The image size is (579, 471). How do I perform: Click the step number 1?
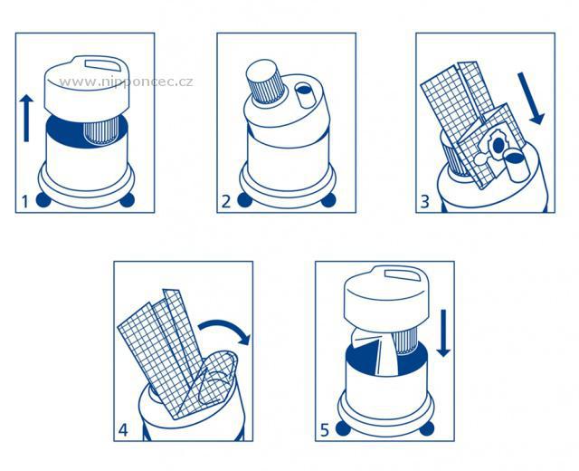[x=24, y=201]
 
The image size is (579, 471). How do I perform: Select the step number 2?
[x=226, y=201]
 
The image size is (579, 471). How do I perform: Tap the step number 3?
[x=425, y=201]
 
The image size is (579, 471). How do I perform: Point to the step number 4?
[x=123, y=430]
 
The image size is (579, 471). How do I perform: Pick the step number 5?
[x=324, y=430]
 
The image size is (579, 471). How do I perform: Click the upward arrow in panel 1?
[x=26, y=118]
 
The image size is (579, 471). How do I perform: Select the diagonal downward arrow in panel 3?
[x=531, y=99]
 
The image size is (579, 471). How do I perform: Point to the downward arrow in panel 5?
[x=443, y=333]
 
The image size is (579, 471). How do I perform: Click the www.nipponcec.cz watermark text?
[x=126, y=82]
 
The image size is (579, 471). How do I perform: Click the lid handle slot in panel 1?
[x=103, y=63]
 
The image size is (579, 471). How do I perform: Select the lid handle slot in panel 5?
[x=403, y=275]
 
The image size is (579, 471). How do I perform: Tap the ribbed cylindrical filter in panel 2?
[x=265, y=82]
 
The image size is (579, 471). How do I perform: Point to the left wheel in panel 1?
[x=43, y=200]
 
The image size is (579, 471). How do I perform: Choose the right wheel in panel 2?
[x=328, y=200]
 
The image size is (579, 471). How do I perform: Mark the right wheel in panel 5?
[x=427, y=428]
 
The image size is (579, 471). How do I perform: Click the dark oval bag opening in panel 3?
[x=498, y=145]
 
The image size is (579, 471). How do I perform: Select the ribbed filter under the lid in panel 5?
[x=405, y=342]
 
